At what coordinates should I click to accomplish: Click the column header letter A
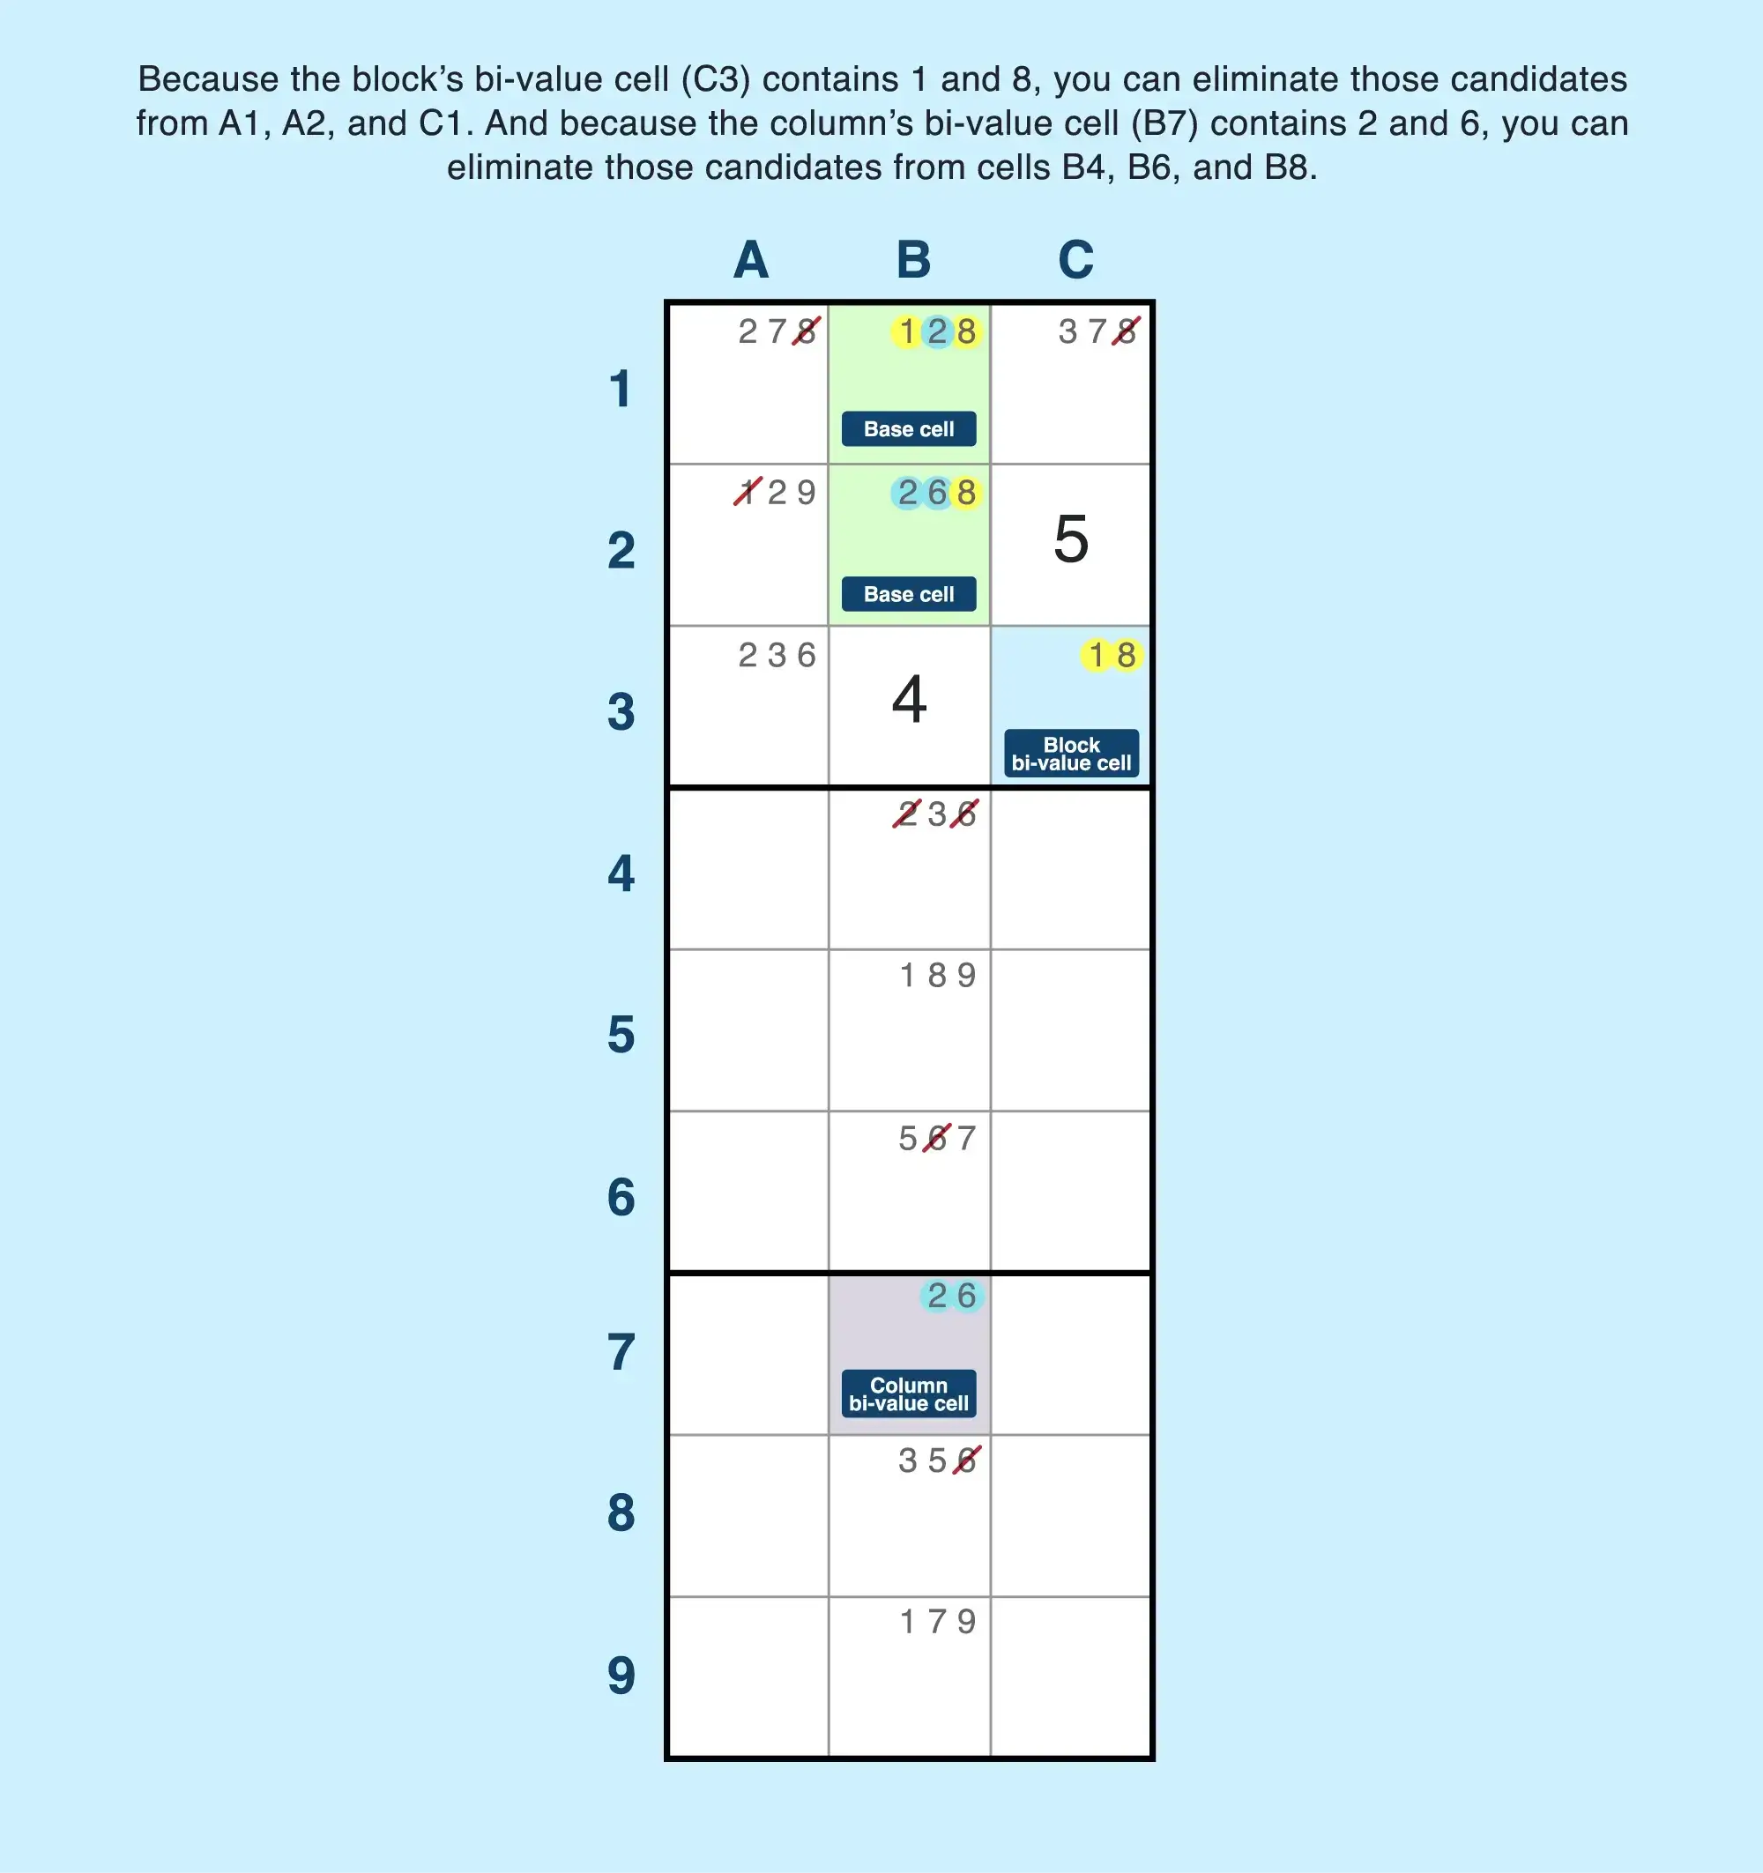click(x=751, y=260)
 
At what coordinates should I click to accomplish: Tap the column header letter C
click(x=1075, y=260)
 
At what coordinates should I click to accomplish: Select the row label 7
click(x=621, y=1353)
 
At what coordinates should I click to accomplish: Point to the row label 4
click(x=621, y=873)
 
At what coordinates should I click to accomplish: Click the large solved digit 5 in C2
click(x=1070, y=539)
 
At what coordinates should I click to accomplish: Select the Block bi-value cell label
click(x=1070, y=754)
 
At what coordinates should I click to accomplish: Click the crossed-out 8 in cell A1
click(x=806, y=331)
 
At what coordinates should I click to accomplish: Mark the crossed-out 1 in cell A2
click(x=748, y=492)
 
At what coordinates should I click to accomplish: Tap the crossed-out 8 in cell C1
click(x=1126, y=331)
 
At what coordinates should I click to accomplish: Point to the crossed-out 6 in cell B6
click(x=937, y=1138)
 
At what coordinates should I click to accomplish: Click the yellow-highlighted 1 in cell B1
click(x=906, y=331)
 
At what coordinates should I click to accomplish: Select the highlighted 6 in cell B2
click(x=937, y=493)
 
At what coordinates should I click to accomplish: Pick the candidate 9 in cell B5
click(x=967, y=975)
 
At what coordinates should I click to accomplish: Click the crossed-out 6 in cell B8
click(x=967, y=1460)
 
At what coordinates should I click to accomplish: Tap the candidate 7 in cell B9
click(x=937, y=1622)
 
